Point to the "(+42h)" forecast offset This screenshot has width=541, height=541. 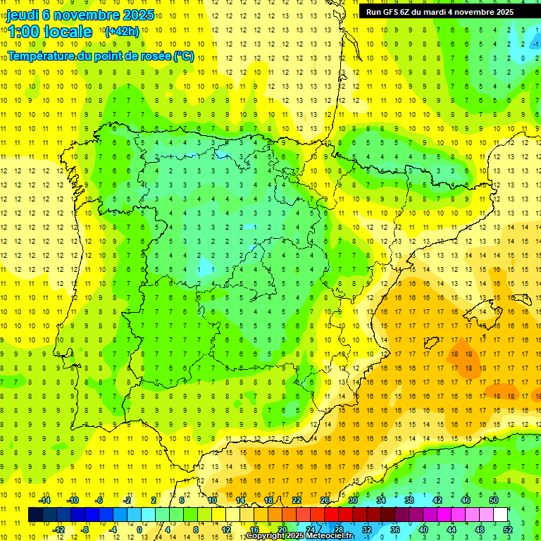[122, 31]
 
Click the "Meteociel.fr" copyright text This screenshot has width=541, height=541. [329, 536]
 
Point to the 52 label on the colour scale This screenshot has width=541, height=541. [508, 530]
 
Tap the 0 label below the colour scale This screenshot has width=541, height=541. [140, 530]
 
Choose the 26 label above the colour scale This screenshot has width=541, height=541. [325, 500]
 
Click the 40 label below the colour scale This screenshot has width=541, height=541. [423, 530]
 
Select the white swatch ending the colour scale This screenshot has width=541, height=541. [500, 515]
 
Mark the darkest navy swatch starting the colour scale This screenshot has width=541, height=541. [36, 515]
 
